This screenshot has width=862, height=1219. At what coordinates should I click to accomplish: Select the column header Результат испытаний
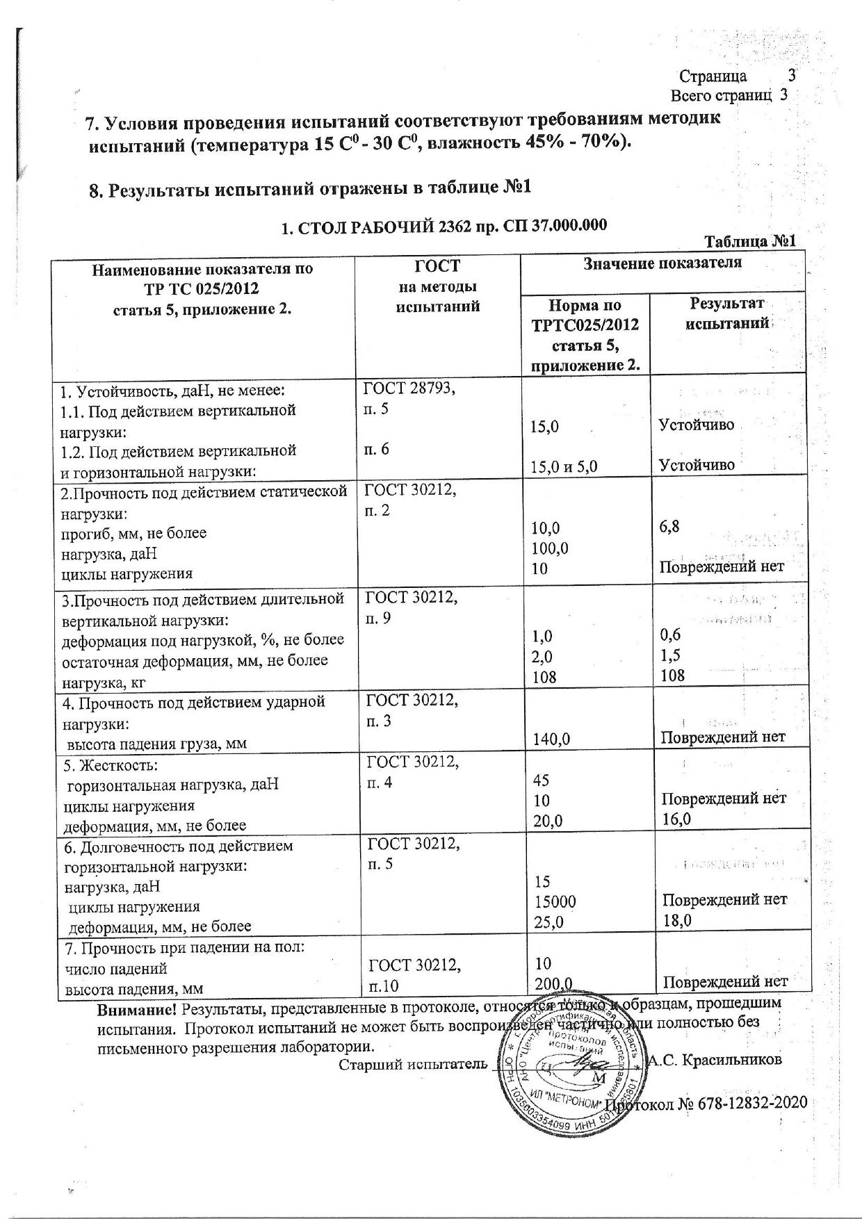(x=726, y=313)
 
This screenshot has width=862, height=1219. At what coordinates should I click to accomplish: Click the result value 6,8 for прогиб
(x=669, y=526)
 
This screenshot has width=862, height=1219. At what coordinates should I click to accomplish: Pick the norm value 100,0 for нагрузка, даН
(x=549, y=548)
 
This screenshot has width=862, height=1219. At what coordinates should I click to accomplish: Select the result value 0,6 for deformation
(x=671, y=635)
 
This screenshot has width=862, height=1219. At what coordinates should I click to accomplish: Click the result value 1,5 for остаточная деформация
(x=670, y=655)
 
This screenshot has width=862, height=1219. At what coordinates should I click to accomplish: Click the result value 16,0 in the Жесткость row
(x=676, y=818)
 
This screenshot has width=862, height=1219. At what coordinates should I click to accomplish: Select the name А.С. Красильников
(x=714, y=1061)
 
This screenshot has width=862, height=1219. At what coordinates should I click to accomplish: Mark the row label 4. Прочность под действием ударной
(x=194, y=702)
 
